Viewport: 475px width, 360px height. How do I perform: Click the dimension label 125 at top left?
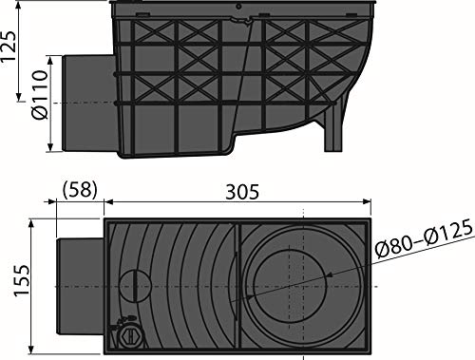tap(9, 47)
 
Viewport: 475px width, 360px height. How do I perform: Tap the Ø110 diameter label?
tap(40, 95)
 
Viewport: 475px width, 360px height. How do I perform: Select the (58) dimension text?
tap(79, 190)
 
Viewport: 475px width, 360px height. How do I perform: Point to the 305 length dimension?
tap(242, 192)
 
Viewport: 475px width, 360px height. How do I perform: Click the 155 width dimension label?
tap(22, 281)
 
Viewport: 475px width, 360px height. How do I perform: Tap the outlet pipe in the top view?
tap(81, 287)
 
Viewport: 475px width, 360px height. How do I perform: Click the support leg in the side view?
tap(333, 130)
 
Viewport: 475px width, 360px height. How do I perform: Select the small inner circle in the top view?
tap(290, 286)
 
